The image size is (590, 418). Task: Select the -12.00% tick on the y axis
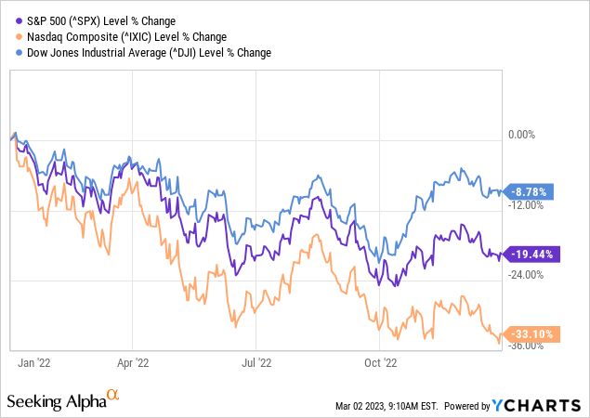click(x=526, y=204)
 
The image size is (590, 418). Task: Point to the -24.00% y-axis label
click(x=526, y=275)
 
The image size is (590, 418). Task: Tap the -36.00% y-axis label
click(x=526, y=346)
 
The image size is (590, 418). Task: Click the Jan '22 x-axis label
click(x=35, y=363)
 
